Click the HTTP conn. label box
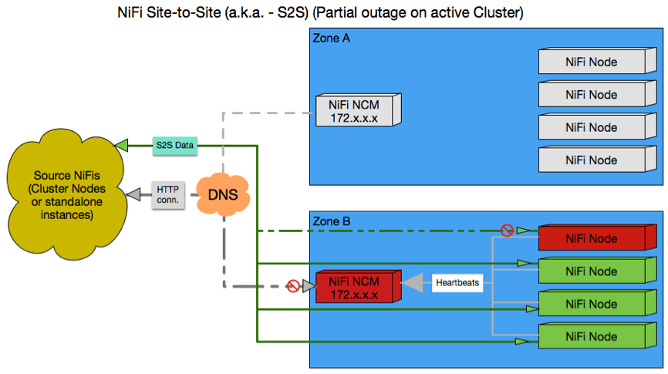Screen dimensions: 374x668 167,194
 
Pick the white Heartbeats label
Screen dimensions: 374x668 457,283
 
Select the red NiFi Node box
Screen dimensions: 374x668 590,239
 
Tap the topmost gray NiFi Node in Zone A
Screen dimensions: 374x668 590,62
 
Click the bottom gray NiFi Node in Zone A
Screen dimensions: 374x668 590,160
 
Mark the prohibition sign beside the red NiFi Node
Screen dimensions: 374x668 507,230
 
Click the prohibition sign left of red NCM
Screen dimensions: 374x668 293,286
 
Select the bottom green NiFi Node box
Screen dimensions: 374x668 590,337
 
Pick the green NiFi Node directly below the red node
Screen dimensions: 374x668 590,271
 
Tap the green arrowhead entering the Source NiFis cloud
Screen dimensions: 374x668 121,144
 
